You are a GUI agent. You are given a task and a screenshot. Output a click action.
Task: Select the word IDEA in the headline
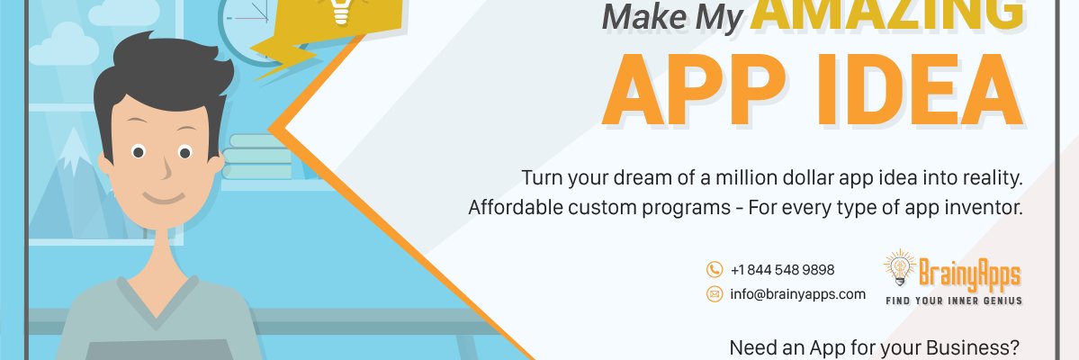pyautogui.click(x=910, y=90)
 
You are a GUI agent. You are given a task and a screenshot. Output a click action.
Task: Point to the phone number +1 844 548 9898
pyautogui.click(x=782, y=270)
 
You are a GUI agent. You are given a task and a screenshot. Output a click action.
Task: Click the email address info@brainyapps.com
pyautogui.click(x=797, y=294)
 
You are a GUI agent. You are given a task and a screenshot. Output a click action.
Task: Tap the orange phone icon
pyautogui.click(x=715, y=270)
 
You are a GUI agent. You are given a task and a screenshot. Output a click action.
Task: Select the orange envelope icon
pyautogui.click(x=715, y=294)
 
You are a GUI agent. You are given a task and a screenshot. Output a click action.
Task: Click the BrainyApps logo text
pyautogui.click(x=969, y=270)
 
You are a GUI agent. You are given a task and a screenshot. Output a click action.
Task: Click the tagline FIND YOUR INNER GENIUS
pyautogui.click(x=954, y=300)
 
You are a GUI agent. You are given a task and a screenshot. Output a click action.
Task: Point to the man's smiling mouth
pyautogui.click(x=162, y=197)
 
